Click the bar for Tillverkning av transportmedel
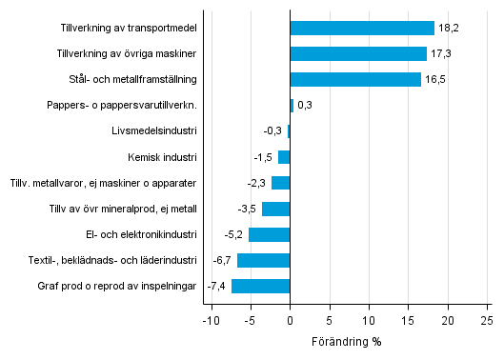pos(361,29)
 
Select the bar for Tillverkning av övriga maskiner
pos(358,54)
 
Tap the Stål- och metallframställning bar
pos(354,80)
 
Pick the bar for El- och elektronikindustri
pos(270,234)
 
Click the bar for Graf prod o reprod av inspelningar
pos(261,286)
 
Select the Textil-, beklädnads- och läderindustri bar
pos(264,260)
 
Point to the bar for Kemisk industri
pos(284,157)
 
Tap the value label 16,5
pos(434,80)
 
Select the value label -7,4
pos(217,286)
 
